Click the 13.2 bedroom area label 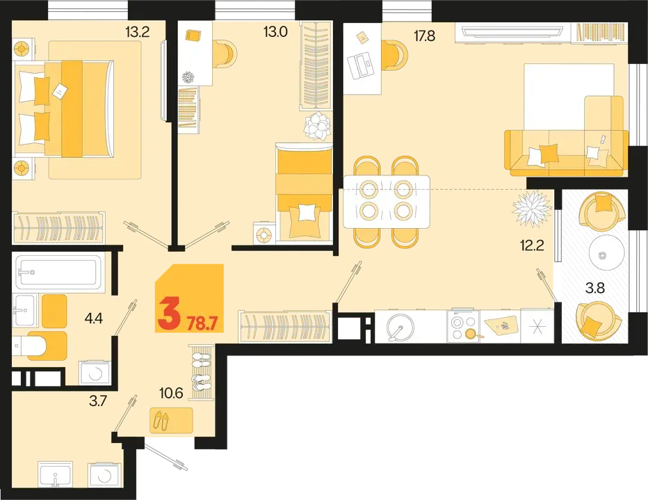pos(138,31)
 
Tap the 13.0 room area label pos(275,31)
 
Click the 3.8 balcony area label pos(595,288)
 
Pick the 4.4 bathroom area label pos(93,318)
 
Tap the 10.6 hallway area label pos(172,393)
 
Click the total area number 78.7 pos(202,320)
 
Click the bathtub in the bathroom pos(57,272)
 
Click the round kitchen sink pos(400,326)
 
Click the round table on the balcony pos(606,253)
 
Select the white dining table pos(387,202)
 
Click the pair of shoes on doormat pos(161,420)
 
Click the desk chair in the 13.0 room pos(226,54)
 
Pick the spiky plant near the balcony pos(531,209)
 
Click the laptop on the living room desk pos(361,65)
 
